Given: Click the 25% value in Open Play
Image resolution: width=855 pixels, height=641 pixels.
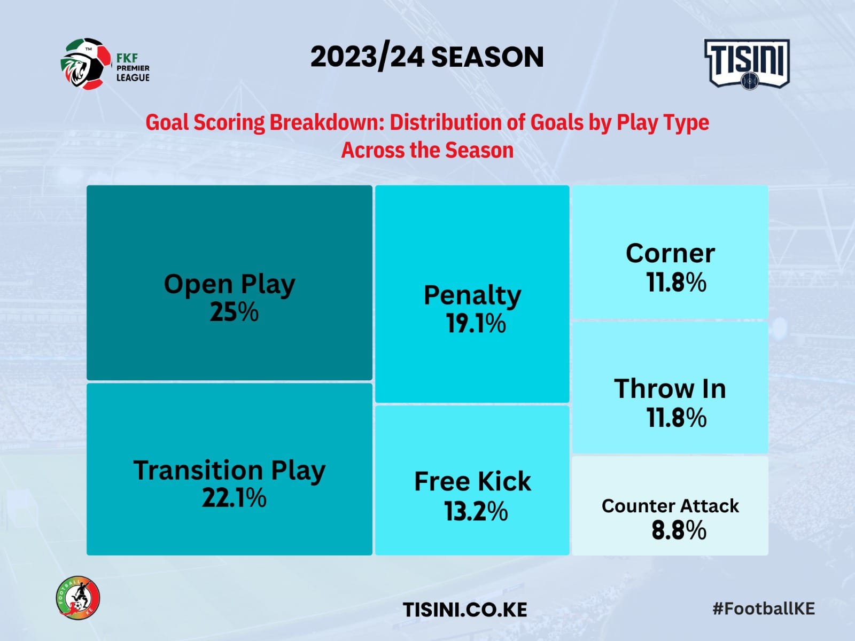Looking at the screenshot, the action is pyautogui.click(x=234, y=312).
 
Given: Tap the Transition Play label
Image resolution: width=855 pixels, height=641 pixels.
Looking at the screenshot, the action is pyautogui.click(x=229, y=471).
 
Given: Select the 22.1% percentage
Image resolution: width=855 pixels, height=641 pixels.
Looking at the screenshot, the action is pyautogui.click(x=234, y=498).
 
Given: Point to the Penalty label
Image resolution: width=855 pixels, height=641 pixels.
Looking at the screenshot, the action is pyautogui.click(x=472, y=296).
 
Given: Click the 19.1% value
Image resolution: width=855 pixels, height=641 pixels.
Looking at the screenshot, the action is pyautogui.click(x=476, y=323).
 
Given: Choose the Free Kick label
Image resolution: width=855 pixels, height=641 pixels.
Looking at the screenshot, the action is pyautogui.click(x=472, y=481).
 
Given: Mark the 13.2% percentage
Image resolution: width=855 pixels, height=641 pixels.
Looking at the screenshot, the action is pyautogui.click(x=476, y=511).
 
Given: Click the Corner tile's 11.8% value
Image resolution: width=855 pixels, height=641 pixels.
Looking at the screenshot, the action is pyautogui.click(x=676, y=282).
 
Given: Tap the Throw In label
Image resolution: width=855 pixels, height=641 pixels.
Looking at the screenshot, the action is pyautogui.click(x=670, y=388).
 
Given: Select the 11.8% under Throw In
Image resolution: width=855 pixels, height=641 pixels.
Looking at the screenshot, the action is pyautogui.click(x=677, y=418).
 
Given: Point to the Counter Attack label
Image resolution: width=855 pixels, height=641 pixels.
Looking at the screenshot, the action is pyautogui.click(x=670, y=506).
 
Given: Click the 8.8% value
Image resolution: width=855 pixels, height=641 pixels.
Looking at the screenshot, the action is pyautogui.click(x=679, y=530).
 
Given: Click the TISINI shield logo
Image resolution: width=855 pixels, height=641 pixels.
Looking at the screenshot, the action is pyautogui.click(x=747, y=64).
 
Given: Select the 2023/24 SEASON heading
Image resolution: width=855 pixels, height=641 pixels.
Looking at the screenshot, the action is pyautogui.click(x=427, y=57).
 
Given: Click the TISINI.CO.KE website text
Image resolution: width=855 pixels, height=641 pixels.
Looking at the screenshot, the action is pyautogui.click(x=465, y=609).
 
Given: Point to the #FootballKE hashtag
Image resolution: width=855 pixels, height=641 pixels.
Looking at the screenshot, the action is pyautogui.click(x=764, y=609).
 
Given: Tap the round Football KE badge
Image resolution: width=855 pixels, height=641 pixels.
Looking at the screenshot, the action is pyautogui.click(x=78, y=598).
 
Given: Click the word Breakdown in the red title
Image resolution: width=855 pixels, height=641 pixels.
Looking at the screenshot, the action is pyautogui.click(x=327, y=123).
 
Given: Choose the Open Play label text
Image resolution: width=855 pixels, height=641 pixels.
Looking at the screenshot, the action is pyautogui.click(x=229, y=285).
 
